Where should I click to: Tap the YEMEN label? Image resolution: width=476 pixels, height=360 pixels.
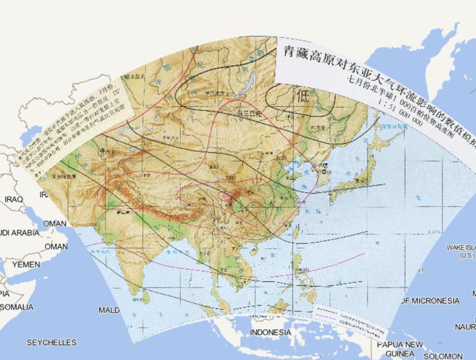(x=25, y=265)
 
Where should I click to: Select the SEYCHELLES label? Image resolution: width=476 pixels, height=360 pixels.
(x=51, y=343)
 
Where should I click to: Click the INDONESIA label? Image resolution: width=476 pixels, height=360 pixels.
(x=270, y=333)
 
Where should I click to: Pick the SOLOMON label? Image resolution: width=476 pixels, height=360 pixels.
(x=444, y=356)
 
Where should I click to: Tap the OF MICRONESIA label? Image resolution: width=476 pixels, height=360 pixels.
(x=430, y=301)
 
